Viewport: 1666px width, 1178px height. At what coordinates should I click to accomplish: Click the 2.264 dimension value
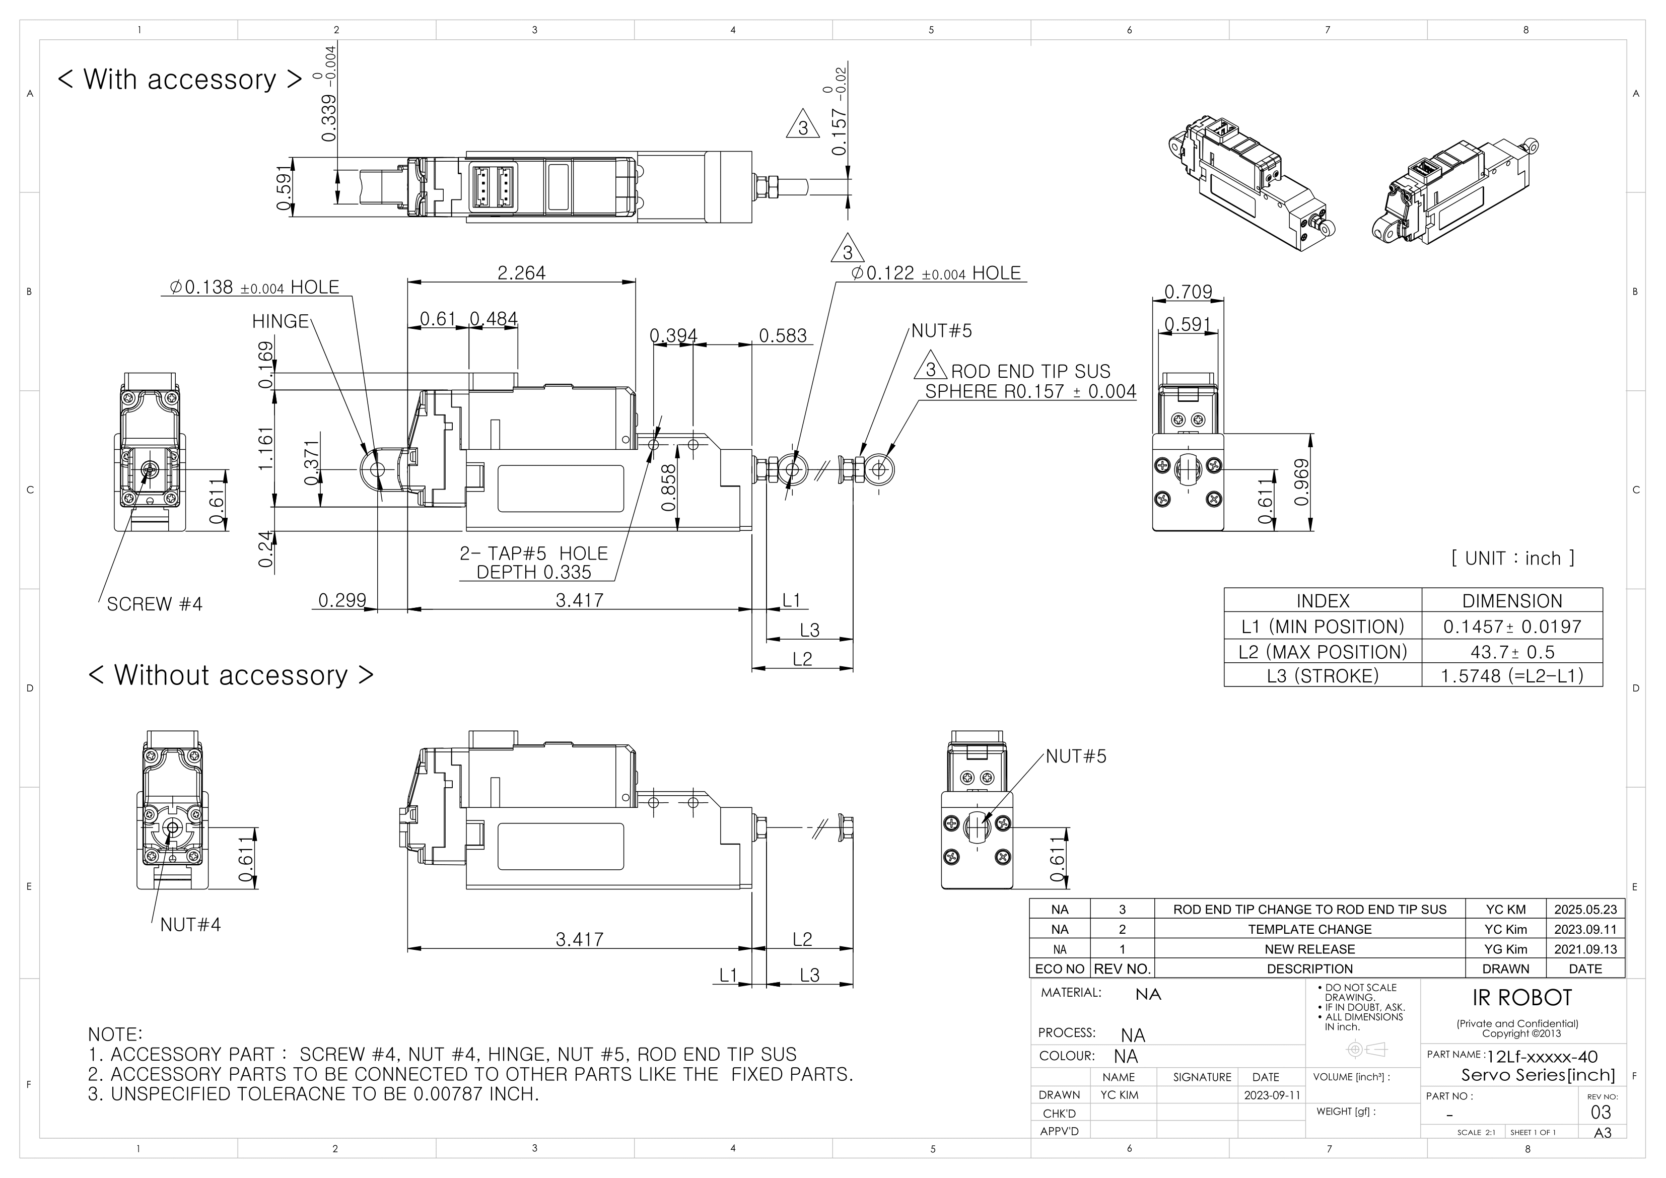pyautogui.click(x=521, y=273)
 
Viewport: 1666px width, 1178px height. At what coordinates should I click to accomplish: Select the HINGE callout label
pyautogui.click(x=280, y=321)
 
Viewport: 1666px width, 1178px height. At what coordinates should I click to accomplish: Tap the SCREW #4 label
pyautogui.click(x=155, y=604)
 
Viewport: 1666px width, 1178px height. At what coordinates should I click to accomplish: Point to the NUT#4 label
pyautogui.click(x=190, y=925)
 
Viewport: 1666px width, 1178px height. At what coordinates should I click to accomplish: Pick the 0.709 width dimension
pyautogui.click(x=1188, y=292)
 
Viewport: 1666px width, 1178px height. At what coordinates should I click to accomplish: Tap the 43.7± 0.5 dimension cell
pyautogui.click(x=1512, y=652)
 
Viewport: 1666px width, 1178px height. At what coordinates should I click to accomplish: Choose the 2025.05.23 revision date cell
pyautogui.click(x=1585, y=910)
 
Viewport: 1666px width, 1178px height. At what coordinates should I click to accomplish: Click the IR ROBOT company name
pyautogui.click(x=1521, y=998)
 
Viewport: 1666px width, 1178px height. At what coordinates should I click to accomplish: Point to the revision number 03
pyautogui.click(x=1600, y=1113)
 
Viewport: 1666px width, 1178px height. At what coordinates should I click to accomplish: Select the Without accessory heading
pyautogui.click(x=231, y=675)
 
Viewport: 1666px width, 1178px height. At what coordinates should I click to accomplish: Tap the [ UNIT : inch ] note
pyautogui.click(x=1513, y=558)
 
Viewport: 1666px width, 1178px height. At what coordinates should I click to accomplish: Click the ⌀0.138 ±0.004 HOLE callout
pyautogui.click(x=254, y=288)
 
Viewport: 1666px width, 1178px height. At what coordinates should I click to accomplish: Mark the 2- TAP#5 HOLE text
pyautogui.click(x=533, y=554)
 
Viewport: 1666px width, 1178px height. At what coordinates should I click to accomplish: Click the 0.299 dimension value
pyautogui.click(x=342, y=600)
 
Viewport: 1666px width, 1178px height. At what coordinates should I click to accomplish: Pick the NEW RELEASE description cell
pyautogui.click(x=1309, y=949)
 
